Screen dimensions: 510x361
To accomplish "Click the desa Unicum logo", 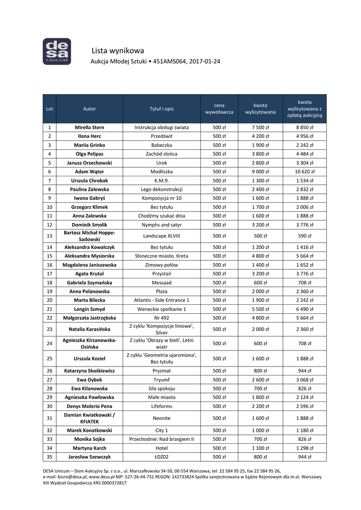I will click(x=56, y=52).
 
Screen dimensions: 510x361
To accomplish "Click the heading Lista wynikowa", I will click(x=118, y=50).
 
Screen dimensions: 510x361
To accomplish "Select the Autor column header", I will click(x=90, y=109).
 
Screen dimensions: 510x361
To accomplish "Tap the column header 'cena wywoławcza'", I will click(x=219, y=109).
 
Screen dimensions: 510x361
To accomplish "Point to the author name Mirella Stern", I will click(x=90, y=127).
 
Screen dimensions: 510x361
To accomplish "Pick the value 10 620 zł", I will click(x=305, y=172).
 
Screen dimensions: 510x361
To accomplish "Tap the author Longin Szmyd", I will click(x=90, y=309).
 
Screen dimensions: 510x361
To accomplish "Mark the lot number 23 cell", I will click(x=49, y=329).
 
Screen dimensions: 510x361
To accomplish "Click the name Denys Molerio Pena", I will click(x=90, y=406).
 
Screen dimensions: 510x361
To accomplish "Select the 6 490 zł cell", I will click(x=305, y=309).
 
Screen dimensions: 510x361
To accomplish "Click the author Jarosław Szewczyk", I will click(x=90, y=457).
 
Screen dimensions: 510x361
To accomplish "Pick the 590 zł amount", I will click(x=305, y=236).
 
